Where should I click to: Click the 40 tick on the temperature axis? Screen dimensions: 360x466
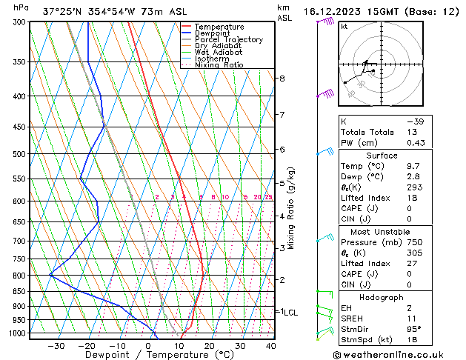click(x=270, y=345)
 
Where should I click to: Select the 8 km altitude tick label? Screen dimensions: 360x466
click(x=282, y=78)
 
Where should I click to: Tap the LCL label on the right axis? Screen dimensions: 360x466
click(x=290, y=313)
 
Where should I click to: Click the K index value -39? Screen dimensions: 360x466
click(x=416, y=121)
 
